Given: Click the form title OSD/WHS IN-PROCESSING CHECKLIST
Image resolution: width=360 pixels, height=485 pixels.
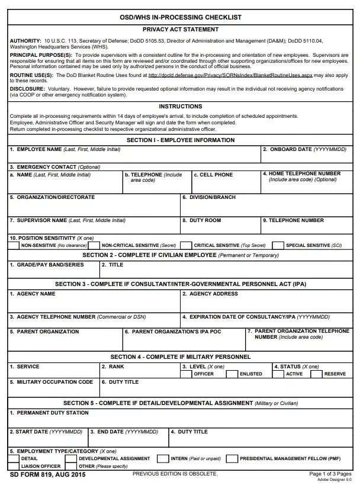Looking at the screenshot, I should [180, 18].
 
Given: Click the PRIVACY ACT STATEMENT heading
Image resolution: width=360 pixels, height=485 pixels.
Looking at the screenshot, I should [180, 29].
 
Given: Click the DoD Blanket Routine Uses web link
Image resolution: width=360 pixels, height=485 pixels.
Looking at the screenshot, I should [230, 76].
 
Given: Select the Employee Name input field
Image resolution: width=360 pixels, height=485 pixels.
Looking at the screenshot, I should [134, 157].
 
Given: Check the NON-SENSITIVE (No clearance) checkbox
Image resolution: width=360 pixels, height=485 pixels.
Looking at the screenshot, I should [15, 245].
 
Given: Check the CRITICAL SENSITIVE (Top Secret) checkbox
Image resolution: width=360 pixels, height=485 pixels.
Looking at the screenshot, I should [186, 245].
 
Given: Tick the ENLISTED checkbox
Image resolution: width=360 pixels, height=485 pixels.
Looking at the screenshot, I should [232, 374].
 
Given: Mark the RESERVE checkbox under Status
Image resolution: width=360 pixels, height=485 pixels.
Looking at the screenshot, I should [316, 374].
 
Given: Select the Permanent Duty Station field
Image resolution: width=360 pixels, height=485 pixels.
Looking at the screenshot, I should [180, 420].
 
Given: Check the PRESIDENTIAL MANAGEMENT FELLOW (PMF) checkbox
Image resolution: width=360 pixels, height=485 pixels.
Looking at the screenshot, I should [231, 458].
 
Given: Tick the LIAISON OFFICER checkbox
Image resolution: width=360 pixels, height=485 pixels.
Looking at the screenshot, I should [15, 466].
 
